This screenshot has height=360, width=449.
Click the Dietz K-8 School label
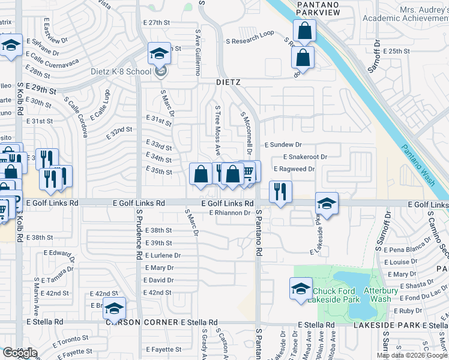[x=121, y=72]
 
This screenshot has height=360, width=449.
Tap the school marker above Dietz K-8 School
[x=160, y=55]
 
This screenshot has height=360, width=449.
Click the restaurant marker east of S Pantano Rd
[x=280, y=193]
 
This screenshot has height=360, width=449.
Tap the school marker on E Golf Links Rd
[x=327, y=203]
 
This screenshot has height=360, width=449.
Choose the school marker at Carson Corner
[x=113, y=309]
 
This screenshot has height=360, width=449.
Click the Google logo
[x=19, y=353]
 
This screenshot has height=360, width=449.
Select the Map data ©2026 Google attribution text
[x=412, y=355]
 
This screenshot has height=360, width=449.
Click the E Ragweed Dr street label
[x=294, y=169]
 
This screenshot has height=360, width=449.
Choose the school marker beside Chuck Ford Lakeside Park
[x=301, y=289]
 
